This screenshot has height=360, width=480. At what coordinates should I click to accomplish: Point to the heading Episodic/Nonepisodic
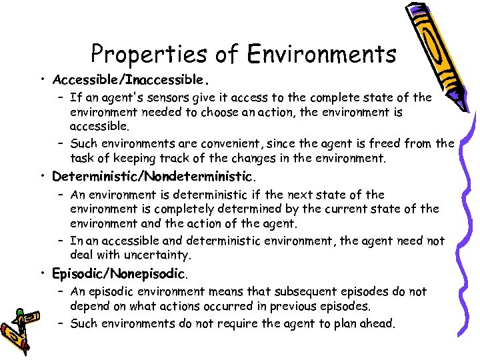[120, 273]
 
